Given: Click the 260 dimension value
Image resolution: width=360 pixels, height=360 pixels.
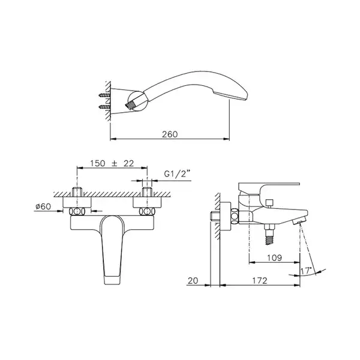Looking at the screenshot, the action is click(170, 134).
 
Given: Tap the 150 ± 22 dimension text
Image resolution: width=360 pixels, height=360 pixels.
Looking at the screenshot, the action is click(112, 163).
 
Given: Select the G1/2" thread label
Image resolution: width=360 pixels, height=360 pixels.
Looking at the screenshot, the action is click(178, 174).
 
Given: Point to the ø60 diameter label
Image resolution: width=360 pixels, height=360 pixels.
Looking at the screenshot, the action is click(43, 206).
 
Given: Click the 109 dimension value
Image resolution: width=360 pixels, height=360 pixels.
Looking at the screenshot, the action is click(274, 258).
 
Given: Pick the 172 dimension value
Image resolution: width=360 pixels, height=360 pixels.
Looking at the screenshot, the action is click(260, 281).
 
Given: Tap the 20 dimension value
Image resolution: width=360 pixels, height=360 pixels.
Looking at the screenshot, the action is click(193, 281).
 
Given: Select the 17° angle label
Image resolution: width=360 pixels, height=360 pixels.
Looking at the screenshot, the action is click(306, 271).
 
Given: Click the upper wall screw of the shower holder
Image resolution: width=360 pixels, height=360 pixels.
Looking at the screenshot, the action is click(104, 95).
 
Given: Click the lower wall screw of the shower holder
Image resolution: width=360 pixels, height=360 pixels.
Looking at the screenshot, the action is click(104, 106).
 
